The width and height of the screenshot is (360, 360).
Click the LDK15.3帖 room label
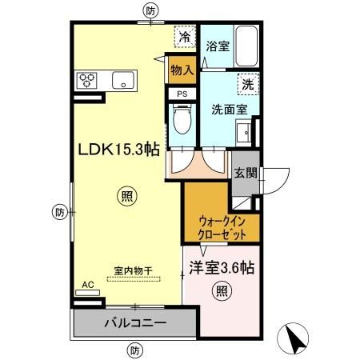pyautogui.click(x=118, y=149)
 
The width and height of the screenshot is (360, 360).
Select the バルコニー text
pyautogui.click(x=134, y=325)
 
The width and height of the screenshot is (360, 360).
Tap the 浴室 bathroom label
pyautogui.click(x=217, y=47)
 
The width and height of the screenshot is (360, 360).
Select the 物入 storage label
pyautogui.click(x=182, y=70)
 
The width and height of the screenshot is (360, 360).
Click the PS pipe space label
pyautogui.click(x=182, y=94)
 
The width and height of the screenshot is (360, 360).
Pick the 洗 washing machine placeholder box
pyautogui.click(x=246, y=82)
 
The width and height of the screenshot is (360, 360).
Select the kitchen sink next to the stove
pyautogui.click(x=122, y=79)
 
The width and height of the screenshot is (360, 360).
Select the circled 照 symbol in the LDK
pyautogui.click(x=126, y=194)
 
